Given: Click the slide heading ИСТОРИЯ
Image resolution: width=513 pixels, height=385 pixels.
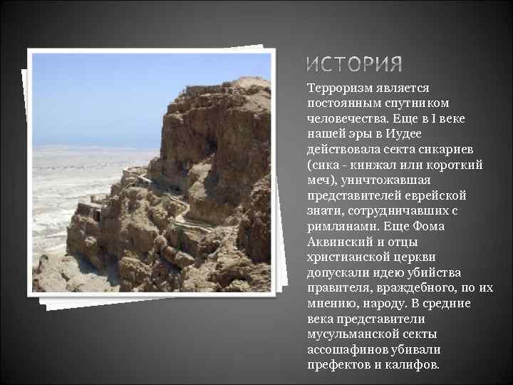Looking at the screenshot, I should (354, 65).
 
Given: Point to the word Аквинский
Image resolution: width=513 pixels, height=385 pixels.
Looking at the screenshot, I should (339, 242).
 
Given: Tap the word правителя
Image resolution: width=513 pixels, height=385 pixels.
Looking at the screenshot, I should (338, 288).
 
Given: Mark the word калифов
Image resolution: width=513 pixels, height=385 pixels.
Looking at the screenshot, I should (413, 365).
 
